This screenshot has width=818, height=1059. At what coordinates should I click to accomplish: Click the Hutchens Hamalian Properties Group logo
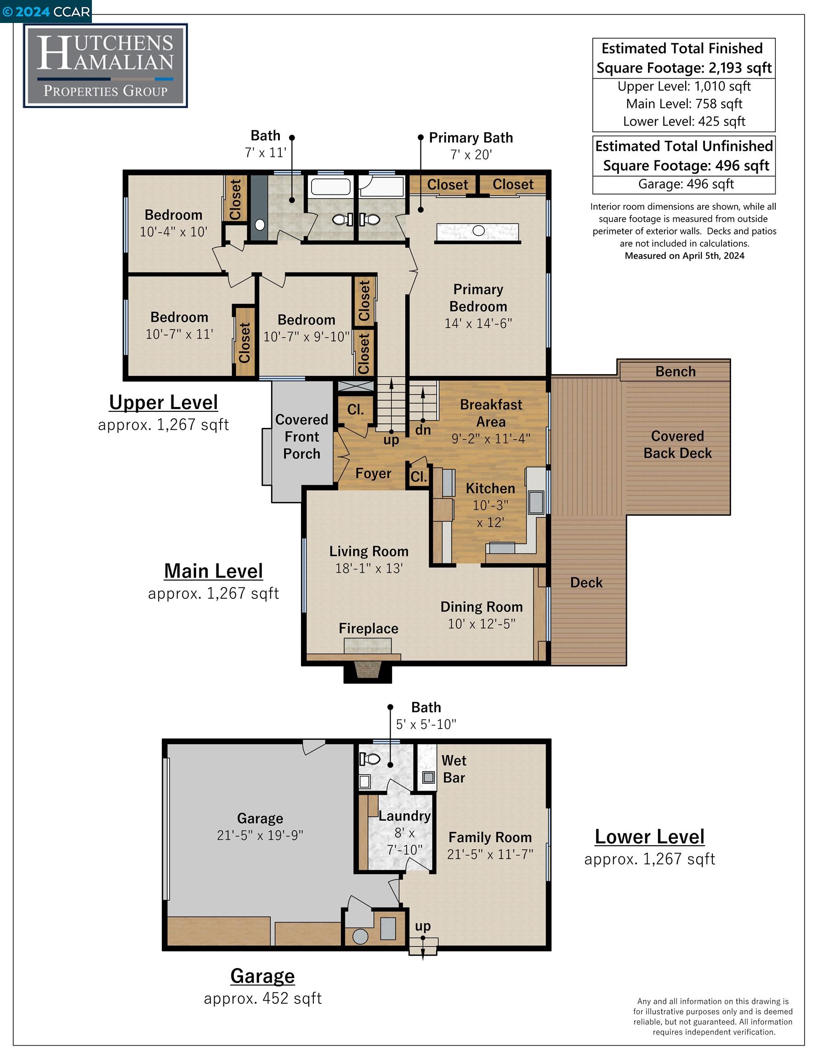tap(105, 66)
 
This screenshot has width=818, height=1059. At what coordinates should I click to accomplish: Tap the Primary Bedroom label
tap(478, 298)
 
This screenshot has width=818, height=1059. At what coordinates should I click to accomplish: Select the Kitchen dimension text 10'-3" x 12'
tap(490, 514)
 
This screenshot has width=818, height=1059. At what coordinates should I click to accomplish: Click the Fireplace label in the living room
tap(369, 628)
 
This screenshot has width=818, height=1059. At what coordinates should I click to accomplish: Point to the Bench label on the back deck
tap(676, 371)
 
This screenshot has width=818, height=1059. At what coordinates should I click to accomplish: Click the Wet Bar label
tap(454, 769)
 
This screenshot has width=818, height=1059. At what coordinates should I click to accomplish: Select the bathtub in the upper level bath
tap(330, 187)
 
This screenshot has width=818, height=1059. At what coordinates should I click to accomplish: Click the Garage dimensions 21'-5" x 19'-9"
tap(260, 835)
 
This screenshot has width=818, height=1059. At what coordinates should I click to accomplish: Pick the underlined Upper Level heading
tap(164, 403)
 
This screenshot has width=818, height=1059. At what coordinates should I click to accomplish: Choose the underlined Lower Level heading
tap(650, 837)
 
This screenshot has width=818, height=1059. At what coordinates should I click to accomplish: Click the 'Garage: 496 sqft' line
tap(686, 184)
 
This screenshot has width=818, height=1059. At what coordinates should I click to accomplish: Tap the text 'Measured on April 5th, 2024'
tap(685, 256)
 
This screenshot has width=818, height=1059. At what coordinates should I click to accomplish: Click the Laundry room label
tap(404, 816)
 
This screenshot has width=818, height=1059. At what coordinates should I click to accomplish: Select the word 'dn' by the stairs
tap(423, 430)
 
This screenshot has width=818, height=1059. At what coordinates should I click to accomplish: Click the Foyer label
tap(373, 473)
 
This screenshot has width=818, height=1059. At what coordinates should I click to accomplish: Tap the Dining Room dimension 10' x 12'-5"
tap(482, 624)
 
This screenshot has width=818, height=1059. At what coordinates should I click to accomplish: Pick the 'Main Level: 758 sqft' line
tap(684, 104)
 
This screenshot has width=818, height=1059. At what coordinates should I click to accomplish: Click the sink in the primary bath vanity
tap(478, 231)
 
